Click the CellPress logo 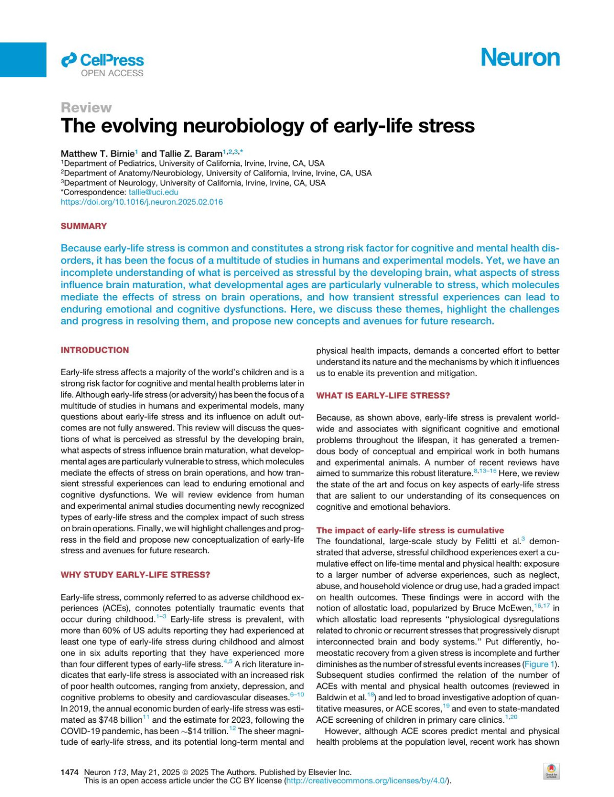[102, 60]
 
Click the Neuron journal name [520, 58]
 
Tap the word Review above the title [86, 107]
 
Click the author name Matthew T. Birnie [97, 154]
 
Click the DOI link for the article [142, 202]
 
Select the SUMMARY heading [84, 226]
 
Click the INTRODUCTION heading [95, 350]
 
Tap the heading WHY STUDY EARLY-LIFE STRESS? [135, 575]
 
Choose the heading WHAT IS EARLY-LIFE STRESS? [383, 396]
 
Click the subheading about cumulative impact [410, 530]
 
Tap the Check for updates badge [551, 771]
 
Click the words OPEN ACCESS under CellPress [112, 73]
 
